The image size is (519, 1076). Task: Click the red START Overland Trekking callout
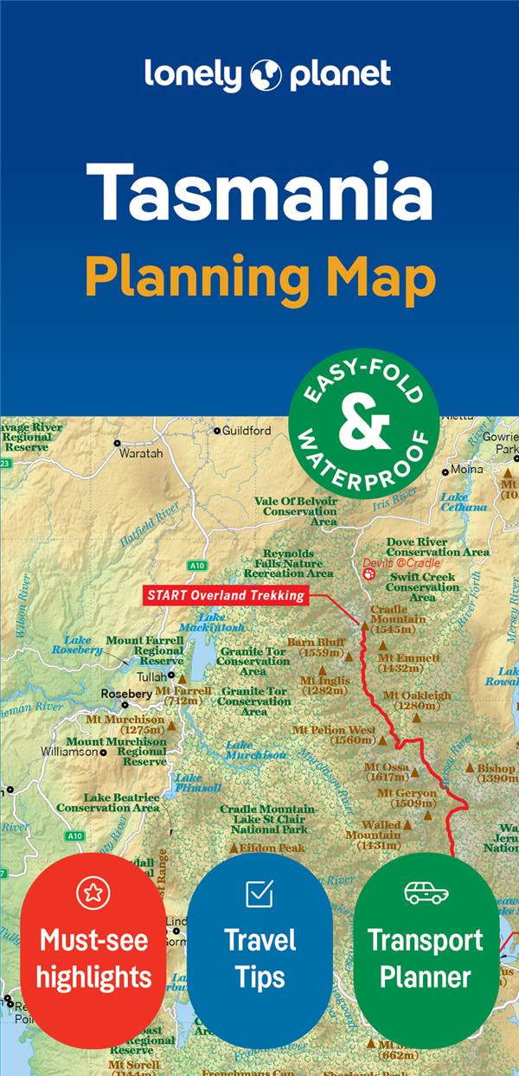[226, 595]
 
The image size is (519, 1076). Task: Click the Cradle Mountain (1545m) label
[397, 619]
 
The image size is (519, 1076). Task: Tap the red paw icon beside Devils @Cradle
[369, 571]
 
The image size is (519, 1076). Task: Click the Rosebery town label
[126, 694]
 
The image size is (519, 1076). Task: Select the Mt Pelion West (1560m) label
[334, 734]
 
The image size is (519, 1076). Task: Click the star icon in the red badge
[93, 893]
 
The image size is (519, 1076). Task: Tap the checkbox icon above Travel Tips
[259, 893]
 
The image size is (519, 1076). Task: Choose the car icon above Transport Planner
[426, 893]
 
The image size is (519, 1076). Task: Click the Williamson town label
[69, 752]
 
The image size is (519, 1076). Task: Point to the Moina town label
[467, 470]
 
